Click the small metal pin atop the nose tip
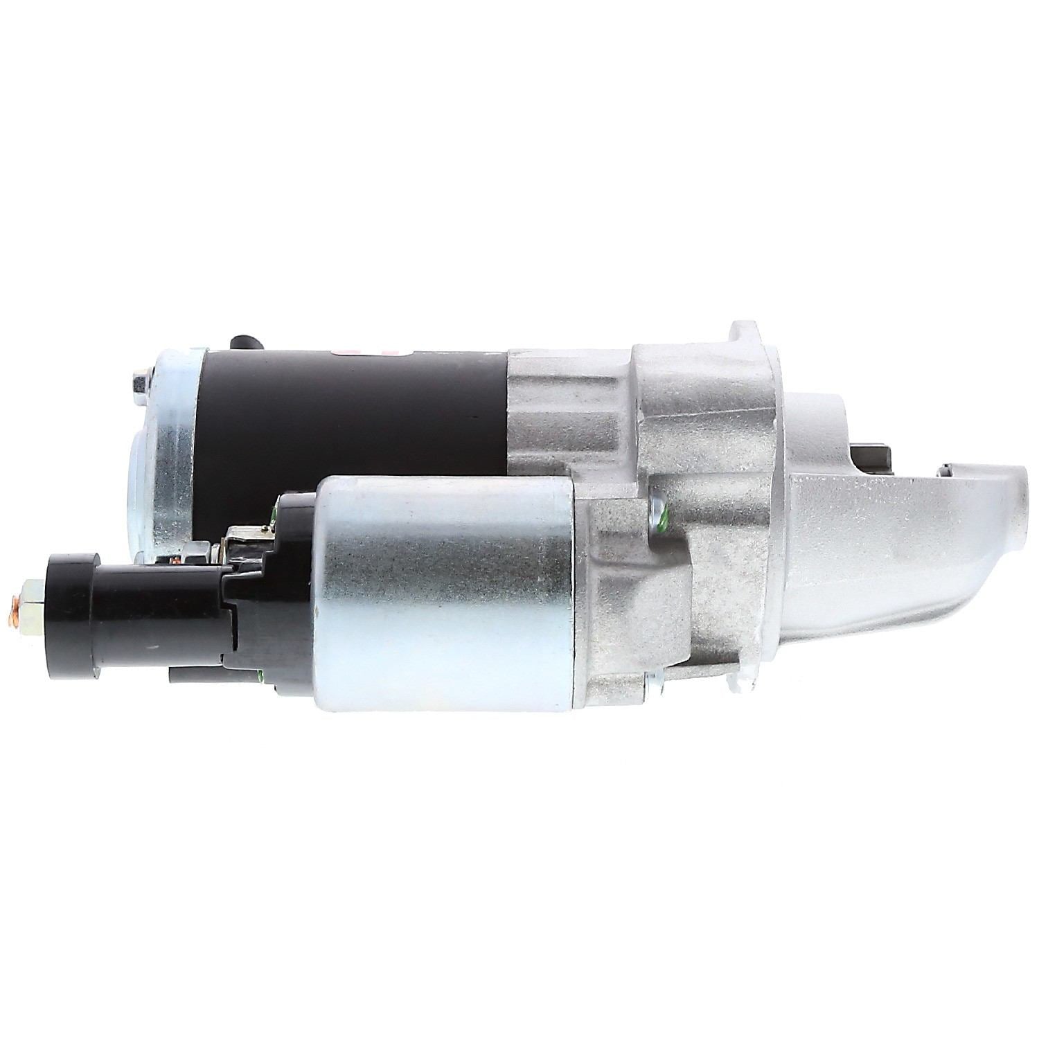pyautogui.click(x=949, y=469)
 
